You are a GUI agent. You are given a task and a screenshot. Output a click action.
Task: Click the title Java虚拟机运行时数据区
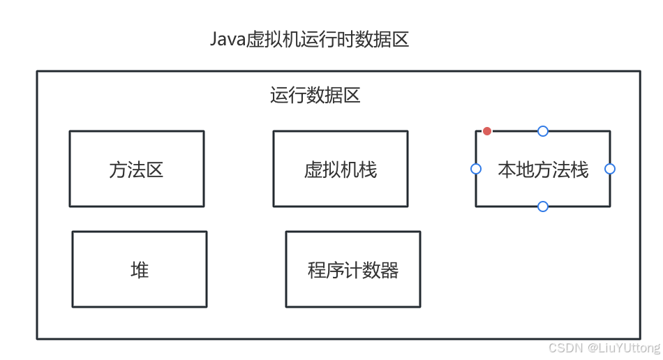[309, 39]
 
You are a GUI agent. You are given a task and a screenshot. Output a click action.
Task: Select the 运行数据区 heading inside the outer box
[315, 96]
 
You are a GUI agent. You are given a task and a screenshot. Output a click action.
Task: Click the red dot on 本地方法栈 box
[487, 131]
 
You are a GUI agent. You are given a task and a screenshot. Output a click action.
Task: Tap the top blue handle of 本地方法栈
[543, 131]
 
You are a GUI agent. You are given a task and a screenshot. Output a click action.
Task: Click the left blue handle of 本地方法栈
[476, 169]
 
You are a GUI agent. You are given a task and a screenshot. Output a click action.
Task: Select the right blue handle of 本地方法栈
[610, 169]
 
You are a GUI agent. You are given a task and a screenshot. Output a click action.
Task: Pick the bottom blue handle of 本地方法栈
[543, 207]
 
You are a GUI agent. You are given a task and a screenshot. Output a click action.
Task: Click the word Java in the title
[228, 39]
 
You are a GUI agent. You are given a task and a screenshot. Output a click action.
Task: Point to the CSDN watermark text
[565, 347]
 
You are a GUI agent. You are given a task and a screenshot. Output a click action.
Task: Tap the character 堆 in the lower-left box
[140, 270]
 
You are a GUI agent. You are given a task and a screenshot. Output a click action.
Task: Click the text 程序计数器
[352, 270]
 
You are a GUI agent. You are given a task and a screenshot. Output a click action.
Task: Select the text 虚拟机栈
[340, 170]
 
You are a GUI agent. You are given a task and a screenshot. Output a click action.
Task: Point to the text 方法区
[137, 170]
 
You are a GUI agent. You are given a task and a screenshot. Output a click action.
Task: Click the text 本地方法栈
[543, 170]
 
